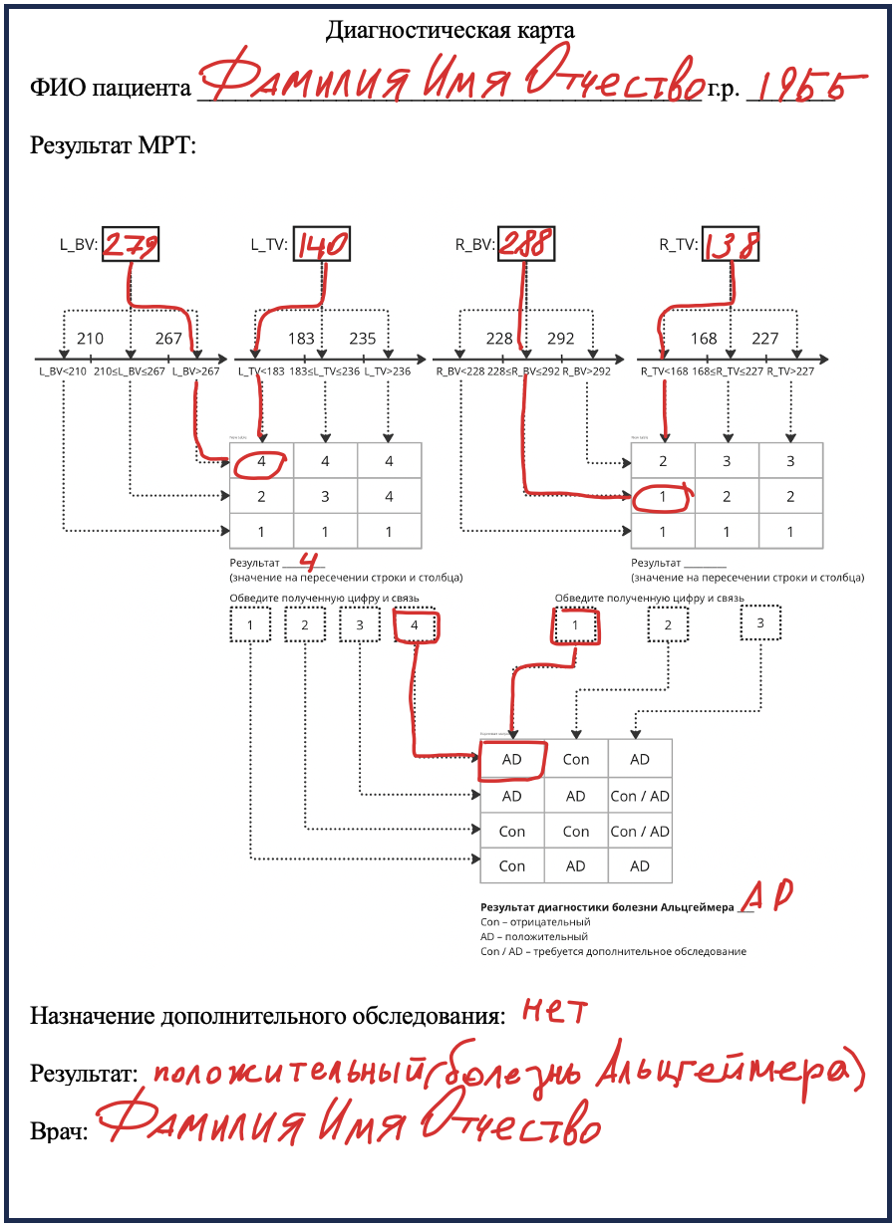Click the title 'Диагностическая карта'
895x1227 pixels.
(449, 31)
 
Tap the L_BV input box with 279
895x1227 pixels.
(130, 245)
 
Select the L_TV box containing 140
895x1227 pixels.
(321, 245)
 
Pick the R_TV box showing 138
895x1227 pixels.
(733, 245)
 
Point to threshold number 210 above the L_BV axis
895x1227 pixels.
(90, 339)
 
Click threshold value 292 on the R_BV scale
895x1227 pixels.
(561, 339)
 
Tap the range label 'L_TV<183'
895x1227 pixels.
(261, 371)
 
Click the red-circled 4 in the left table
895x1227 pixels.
(261, 461)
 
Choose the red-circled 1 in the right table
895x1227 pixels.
(663, 496)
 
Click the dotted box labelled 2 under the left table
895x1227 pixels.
(305, 625)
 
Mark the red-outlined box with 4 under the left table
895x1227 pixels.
(416, 626)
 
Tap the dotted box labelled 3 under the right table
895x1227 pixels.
(759, 624)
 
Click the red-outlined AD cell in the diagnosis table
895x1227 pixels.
(512, 760)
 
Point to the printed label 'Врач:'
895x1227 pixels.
(60, 1131)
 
